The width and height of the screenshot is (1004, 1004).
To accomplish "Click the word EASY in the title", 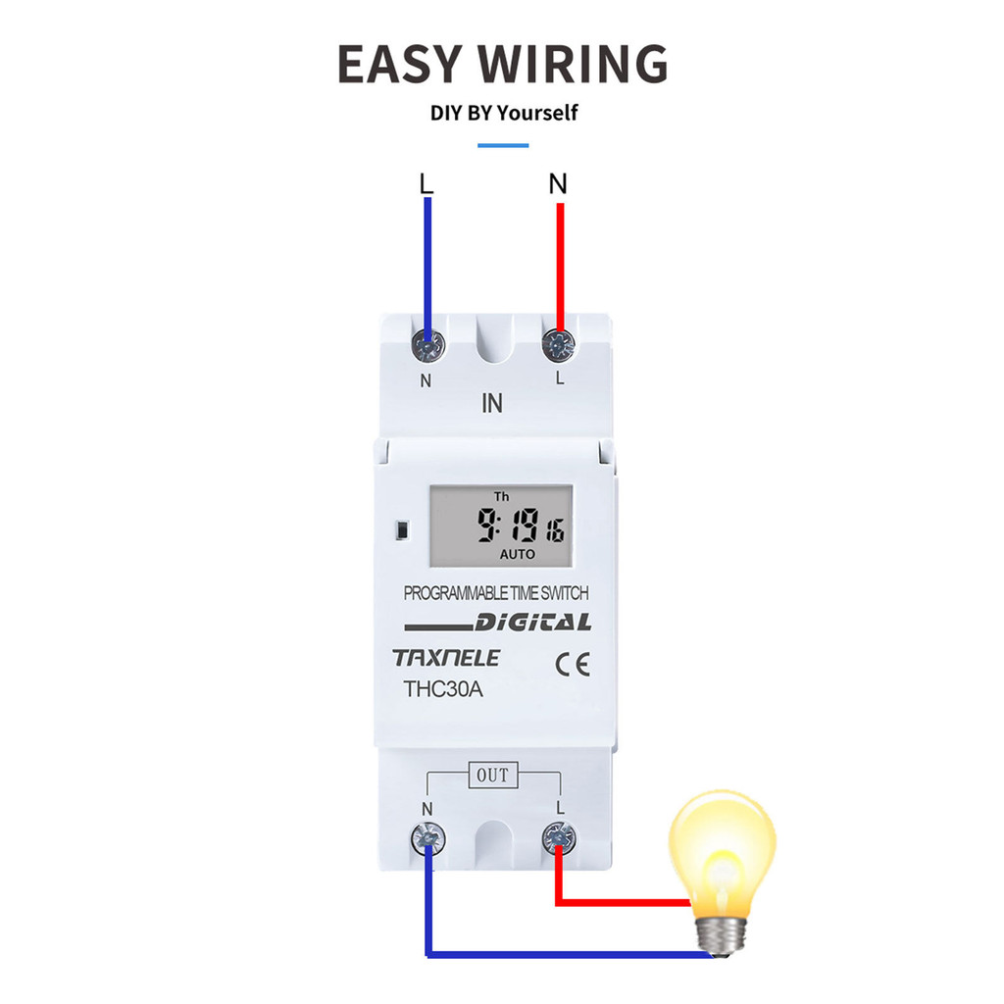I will click(x=399, y=64).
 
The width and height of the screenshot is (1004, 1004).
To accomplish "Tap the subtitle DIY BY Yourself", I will click(x=504, y=113).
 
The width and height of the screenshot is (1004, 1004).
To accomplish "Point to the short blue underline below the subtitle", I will click(x=503, y=145).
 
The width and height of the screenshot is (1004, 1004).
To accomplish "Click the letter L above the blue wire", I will click(x=426, y=183).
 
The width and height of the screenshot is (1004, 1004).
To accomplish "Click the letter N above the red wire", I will click(x=558, y=183).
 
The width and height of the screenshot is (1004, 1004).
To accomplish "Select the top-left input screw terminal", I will click(x=428, y=344).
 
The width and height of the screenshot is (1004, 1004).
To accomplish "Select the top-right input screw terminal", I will click(x=559, y=344).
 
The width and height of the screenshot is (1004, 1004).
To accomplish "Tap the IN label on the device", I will click(x=492, y=403).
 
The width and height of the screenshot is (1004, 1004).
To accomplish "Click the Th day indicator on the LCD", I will click(x=501, y=497).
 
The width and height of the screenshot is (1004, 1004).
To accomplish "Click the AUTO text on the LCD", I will click(x=518, y=555).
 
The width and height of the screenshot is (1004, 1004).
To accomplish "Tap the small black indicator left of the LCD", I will click(x=402, y=530).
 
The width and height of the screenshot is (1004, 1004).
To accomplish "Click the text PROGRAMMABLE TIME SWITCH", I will click(x=496, y=593).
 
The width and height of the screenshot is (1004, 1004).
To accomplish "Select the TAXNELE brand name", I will click(x=446, y=658).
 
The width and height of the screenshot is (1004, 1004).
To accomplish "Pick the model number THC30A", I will click(x=444, y=689).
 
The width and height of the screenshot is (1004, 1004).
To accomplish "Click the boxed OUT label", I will click(x=492, y=776).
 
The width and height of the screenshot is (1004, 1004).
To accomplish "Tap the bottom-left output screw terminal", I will click(x=428, y=836).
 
